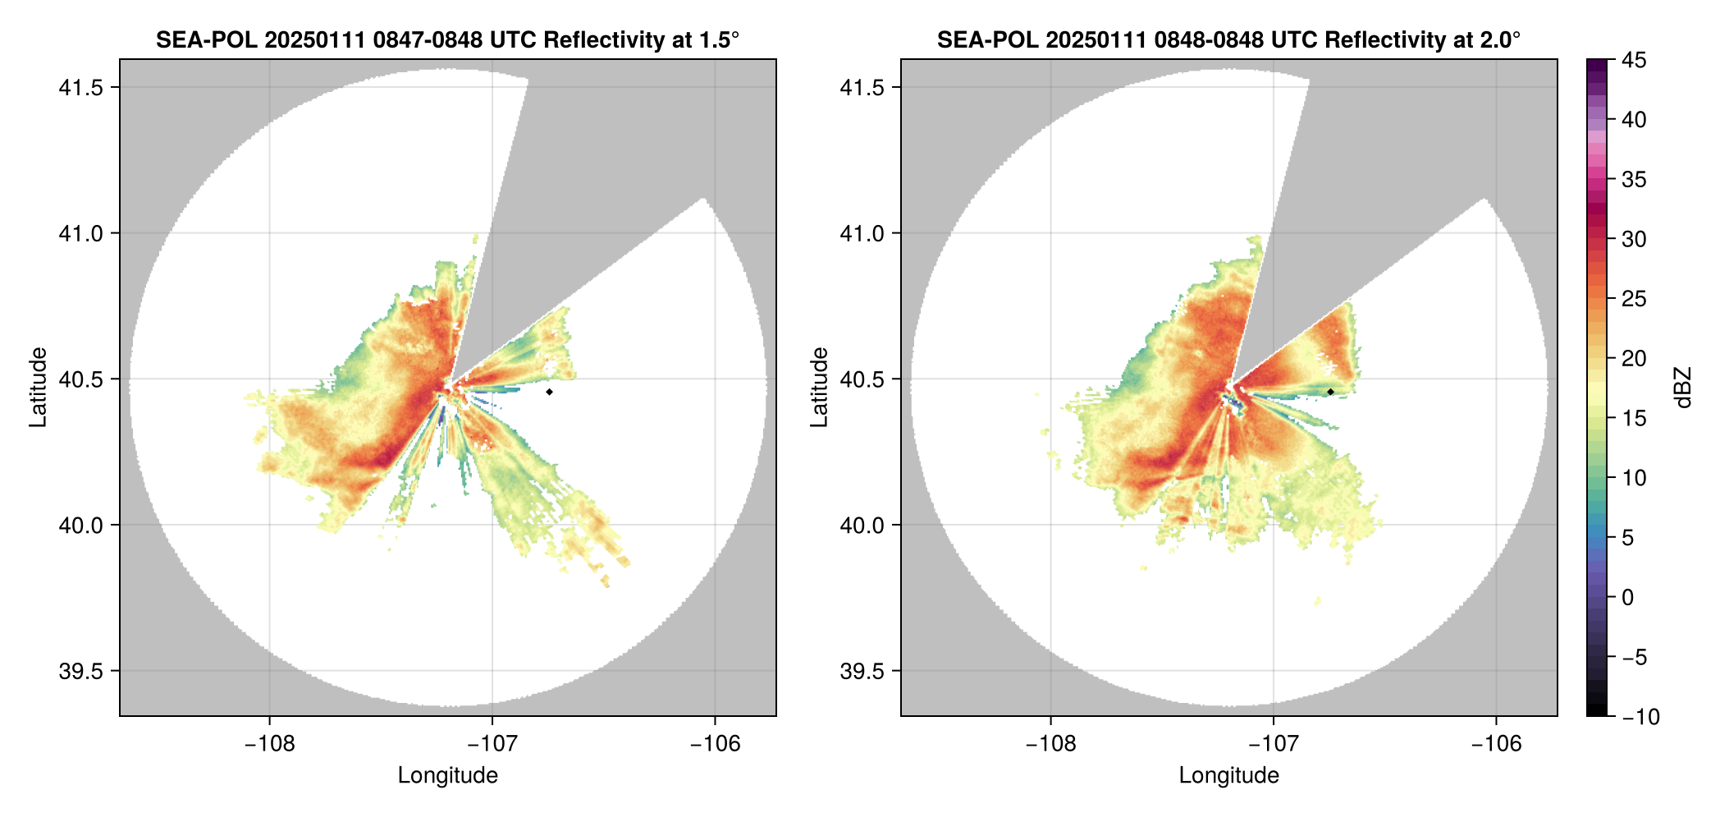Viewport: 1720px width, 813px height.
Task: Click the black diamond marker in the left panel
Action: click(x=549, y=392)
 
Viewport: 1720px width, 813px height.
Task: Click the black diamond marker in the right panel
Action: click(x=1330, y=392)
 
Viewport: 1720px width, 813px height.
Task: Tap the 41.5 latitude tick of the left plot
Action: click(x=80, y=87)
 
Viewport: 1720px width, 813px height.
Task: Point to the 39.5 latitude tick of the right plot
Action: click(x=862, y=671)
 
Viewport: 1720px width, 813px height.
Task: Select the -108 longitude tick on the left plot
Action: click(x=269, y=744)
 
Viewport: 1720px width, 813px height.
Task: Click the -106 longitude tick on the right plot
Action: click(x=1497, y=744)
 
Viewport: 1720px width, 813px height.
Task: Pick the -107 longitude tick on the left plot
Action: click(x=492, y=744)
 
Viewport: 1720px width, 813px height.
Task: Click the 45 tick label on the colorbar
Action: click(x=1634, y=60)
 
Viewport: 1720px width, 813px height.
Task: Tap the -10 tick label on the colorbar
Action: click(x=1640, y=717)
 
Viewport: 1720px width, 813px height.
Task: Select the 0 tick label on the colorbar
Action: click(x=1628, y=597)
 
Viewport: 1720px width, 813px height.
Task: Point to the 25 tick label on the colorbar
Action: click(x=1634, y=299)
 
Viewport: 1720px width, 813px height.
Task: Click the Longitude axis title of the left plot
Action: click(x=448, y=775)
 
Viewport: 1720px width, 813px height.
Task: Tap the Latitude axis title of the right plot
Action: click(x=819, y=388)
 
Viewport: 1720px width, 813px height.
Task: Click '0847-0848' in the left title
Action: click(x=428, y=39)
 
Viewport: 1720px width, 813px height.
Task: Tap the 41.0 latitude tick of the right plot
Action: click(x=862, y=233)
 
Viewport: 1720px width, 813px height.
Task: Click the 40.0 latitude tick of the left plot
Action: click(x=80, y=525)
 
